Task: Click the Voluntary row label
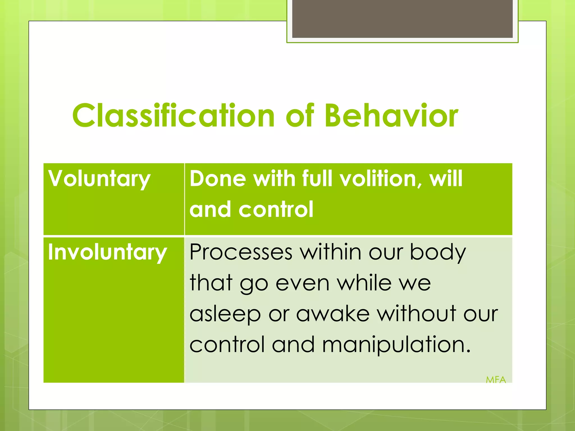pos(99,179)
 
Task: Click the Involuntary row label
pos(107,252)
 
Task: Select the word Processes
pos(241,252)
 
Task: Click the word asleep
pos(225,314)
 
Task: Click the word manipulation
pos(396,345)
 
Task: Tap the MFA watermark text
pos(496,380)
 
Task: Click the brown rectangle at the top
pos(402,19)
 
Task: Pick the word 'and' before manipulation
pos(293,345)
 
